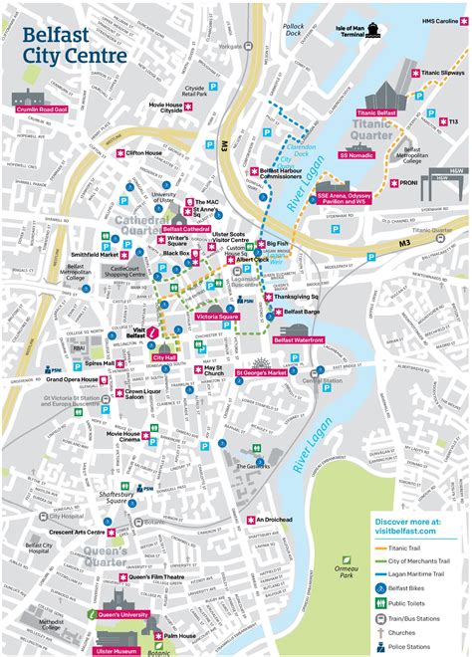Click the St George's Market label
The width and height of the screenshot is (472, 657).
click(261, 373)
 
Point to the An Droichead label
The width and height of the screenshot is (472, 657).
click(272, 520)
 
